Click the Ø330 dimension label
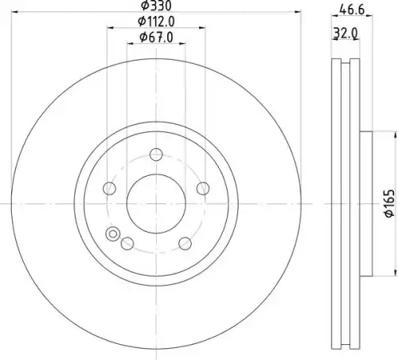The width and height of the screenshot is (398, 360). [x=156, y=6]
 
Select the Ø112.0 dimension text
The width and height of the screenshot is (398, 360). [x=156, y=22]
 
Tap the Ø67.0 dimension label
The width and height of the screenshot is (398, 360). [x=156, y=37]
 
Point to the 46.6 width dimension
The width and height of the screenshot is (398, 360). [x=353, y=10]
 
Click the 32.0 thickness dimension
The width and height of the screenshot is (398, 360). [x=345, y=33]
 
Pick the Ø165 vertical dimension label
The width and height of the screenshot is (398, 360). [x=389, y=203]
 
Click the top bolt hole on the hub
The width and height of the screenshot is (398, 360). [x=156, y=155]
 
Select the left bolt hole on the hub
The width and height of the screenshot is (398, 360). [x=109, y=189]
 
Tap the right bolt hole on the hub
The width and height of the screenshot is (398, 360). [x=203, y=189]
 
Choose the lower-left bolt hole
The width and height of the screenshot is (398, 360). [x=127, y=244]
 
